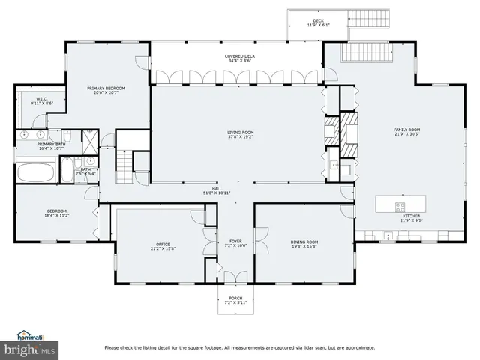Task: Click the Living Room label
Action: pos(241,135)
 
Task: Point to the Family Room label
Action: pos(407,132)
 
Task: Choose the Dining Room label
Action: pos(304,243)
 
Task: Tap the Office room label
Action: pos(163,245)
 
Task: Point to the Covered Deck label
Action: pos(241,58)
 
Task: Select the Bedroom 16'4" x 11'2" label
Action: pos(57,214)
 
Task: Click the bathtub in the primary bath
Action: pos(34,173)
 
